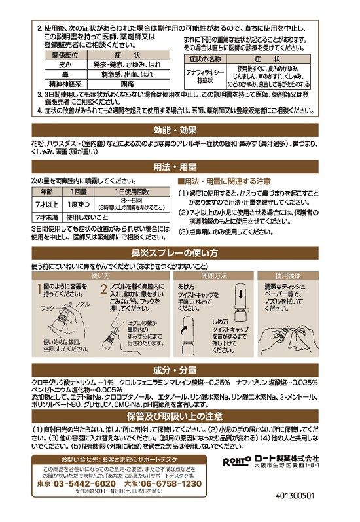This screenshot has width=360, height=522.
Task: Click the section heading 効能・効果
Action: [179, 128]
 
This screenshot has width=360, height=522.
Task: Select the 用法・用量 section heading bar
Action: [179, 166]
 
